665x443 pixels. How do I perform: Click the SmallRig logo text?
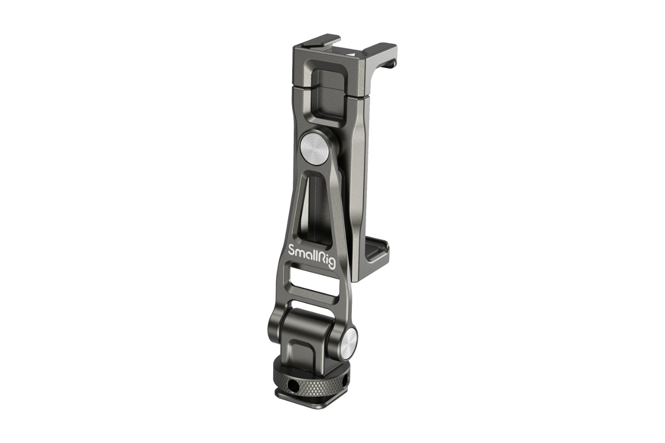(311, 256)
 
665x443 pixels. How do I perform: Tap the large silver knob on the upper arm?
(314, 146)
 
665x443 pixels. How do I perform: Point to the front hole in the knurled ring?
(293, 385)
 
